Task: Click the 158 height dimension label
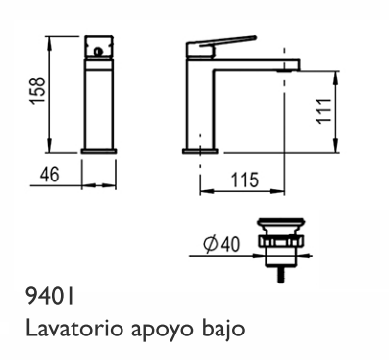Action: [x=37, y=91]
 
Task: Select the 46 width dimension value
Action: [x=50, y=174]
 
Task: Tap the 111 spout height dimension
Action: [x=324, y=111]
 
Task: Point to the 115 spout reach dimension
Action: [x=244, y=180]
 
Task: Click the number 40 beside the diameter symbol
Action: [x=230, y=244]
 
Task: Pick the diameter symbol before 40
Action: [x=210, y=244]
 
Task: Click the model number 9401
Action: [x=50, y=297]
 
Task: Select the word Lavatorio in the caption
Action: [x=75, y=329]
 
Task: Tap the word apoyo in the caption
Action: [x=164, y=331]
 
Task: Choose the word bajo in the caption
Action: [x=223, y=330]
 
